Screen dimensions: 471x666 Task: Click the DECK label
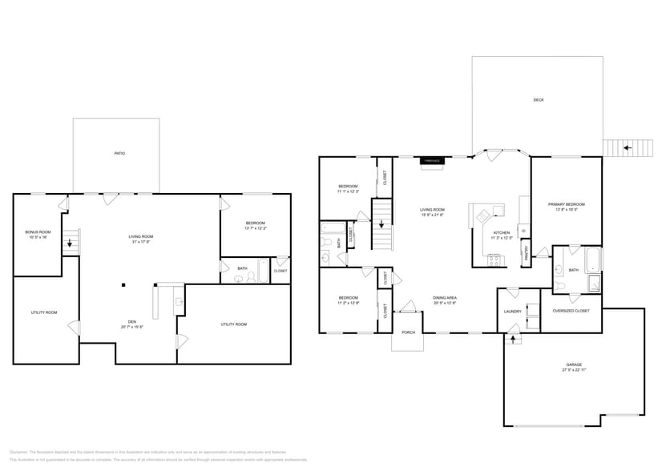pos(538,100)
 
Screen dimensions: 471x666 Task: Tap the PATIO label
pos(119,153)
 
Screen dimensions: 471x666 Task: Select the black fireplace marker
pos(432,161)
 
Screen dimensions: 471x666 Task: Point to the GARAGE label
pos(574,364)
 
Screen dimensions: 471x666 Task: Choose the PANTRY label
pos(526,255)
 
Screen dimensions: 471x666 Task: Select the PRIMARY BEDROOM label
pos(566,204)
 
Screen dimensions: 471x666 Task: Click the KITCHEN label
pos(490,232)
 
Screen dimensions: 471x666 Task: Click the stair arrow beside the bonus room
pos(71,243)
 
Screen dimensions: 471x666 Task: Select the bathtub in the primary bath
pos(592,260)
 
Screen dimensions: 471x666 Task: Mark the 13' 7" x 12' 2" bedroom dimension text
pos(255,228)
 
